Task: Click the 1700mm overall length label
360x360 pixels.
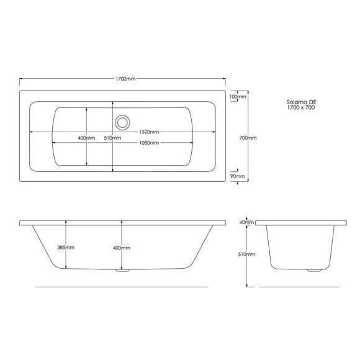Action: tap(125, 79)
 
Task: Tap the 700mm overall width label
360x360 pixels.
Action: tap(248, 138)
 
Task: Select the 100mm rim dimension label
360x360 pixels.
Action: tap(238, 96)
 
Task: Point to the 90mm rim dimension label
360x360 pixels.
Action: tap(237, 176)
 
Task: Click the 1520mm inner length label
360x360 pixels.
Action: tap(149, 132)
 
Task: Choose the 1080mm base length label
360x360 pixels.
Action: tap(149, 143)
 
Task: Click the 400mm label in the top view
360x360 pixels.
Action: tap(86, 138)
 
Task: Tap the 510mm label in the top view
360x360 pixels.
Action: tap(112, 138)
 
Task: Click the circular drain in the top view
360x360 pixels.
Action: tap(122, 122)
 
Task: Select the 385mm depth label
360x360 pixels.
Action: tap(66, 248)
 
